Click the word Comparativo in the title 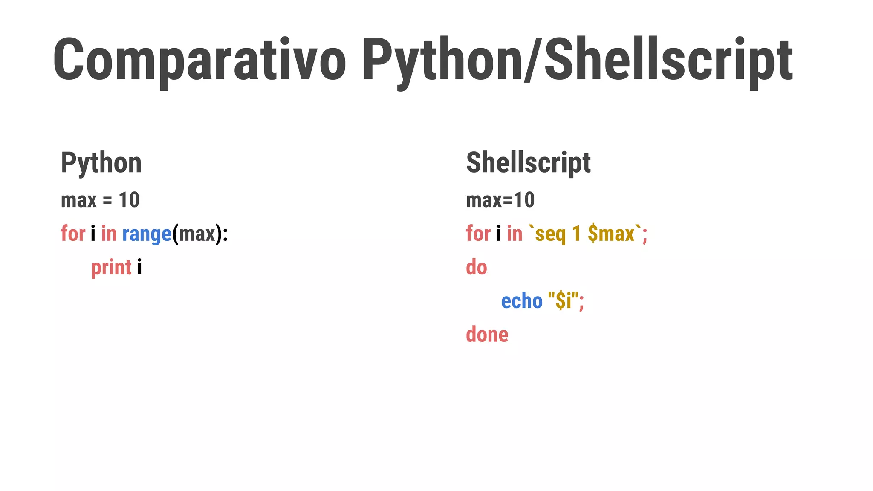[199, 60]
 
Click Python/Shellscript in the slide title [577, 60]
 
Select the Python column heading [101, 163]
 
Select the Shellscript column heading [528, 163]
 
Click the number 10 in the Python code [129, 200]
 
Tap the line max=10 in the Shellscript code [500, 200]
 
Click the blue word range [147, 234]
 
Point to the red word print [111, 268]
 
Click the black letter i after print [139, 268]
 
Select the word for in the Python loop [73, 234]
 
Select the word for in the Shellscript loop [478, 234]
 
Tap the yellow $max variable [611, 234]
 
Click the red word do [476, 267]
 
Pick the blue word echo [521, 301]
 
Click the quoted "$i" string [563, 301]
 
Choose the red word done [487, 335]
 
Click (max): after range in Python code [200, 234]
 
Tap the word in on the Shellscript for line [514, 234]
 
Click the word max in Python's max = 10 [79, 200]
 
